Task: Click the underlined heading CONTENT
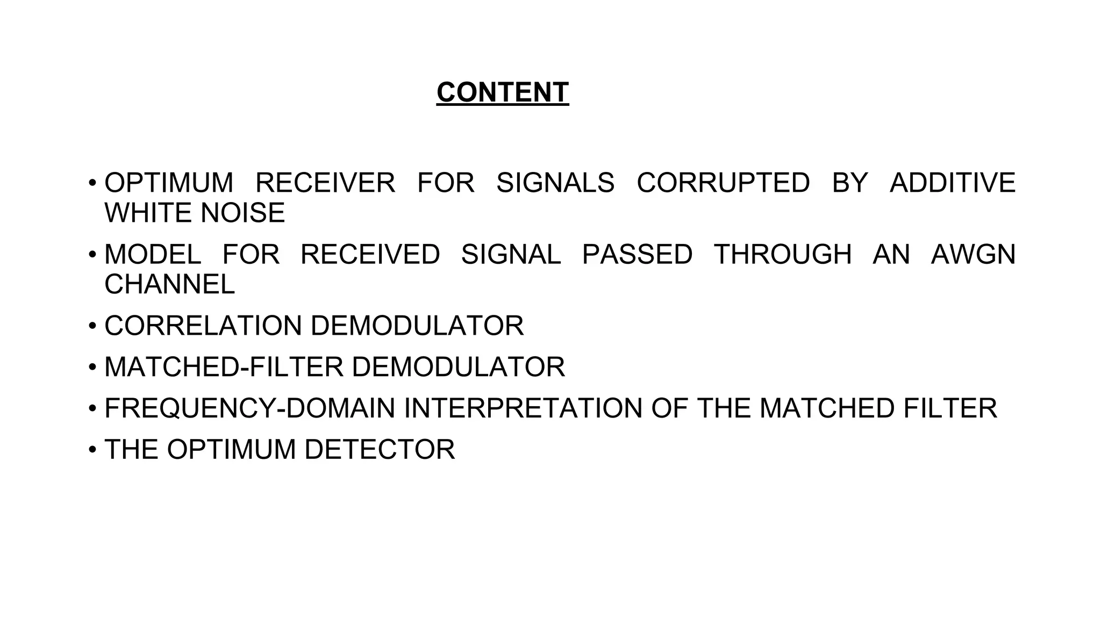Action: (502, 92)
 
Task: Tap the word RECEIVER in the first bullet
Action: (325, 183)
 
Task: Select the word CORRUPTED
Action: (723, 183)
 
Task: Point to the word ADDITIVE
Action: (952, 183)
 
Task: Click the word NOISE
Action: (242, 213)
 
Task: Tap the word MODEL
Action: (153, 254)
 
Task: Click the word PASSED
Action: (637, 254)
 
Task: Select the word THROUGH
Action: (782, 254)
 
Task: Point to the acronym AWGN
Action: (973, 254)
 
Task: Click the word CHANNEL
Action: (169, 284)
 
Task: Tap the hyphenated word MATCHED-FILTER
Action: (224, 367)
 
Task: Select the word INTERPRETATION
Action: (523, 408)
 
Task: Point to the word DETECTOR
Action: (380, 450)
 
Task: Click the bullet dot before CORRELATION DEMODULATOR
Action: (92, 326)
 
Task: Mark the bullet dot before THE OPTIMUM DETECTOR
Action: (92, 450)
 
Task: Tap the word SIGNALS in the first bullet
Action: (555, 183)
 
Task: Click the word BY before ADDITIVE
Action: (849, 183)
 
